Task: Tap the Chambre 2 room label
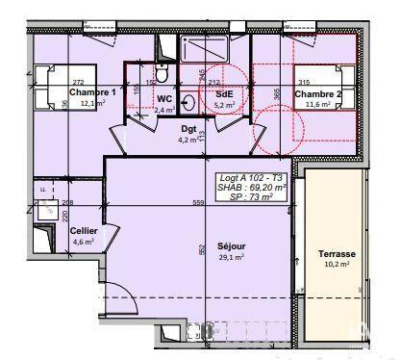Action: [x=317, y=94]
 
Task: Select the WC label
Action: [x=163, y=98]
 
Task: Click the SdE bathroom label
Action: [x=224, y=93]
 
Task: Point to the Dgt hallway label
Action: [x=189, y=128]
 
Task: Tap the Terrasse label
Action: [x=337, y=254]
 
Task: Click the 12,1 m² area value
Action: [x=93, y=103]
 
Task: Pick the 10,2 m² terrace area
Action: [x=337, y=265]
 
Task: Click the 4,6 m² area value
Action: [x=84, y=242]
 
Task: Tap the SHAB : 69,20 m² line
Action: [x=252, y=189]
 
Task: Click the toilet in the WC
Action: [x=164, y=75]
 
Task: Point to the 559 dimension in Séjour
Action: [x=198, y=203]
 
